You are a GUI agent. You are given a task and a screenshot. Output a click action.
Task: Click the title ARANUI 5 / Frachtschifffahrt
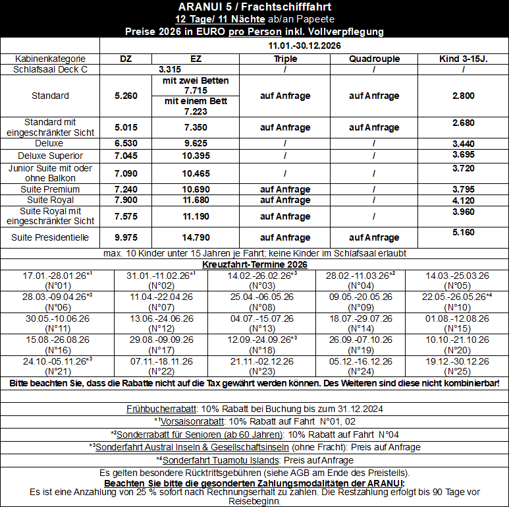tap(254, 7)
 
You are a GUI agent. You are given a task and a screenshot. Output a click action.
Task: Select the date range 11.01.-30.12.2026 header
tap(304, 45)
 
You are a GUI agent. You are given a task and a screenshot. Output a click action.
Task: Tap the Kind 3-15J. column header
tap(463, 59)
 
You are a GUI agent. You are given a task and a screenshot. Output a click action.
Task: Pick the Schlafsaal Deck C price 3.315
tap(170, 69)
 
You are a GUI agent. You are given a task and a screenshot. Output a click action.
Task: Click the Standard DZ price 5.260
tap(126, 96)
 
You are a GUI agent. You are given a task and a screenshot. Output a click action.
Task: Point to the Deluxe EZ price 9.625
tap(196, 142)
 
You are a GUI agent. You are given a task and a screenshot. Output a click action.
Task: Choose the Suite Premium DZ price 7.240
tap(126, 189)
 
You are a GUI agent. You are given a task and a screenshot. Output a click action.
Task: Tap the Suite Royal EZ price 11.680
tap(196, 200)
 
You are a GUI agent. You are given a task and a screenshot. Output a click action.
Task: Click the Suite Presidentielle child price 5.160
tap(463, 232)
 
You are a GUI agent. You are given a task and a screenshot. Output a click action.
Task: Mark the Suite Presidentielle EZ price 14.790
tap(196, 237)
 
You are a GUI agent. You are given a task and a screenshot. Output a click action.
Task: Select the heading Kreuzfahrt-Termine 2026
tap(254, 264)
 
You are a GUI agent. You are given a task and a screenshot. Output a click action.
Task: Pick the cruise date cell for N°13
tap(254, 323)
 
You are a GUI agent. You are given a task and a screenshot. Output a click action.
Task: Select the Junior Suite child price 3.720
tap(463, 169)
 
